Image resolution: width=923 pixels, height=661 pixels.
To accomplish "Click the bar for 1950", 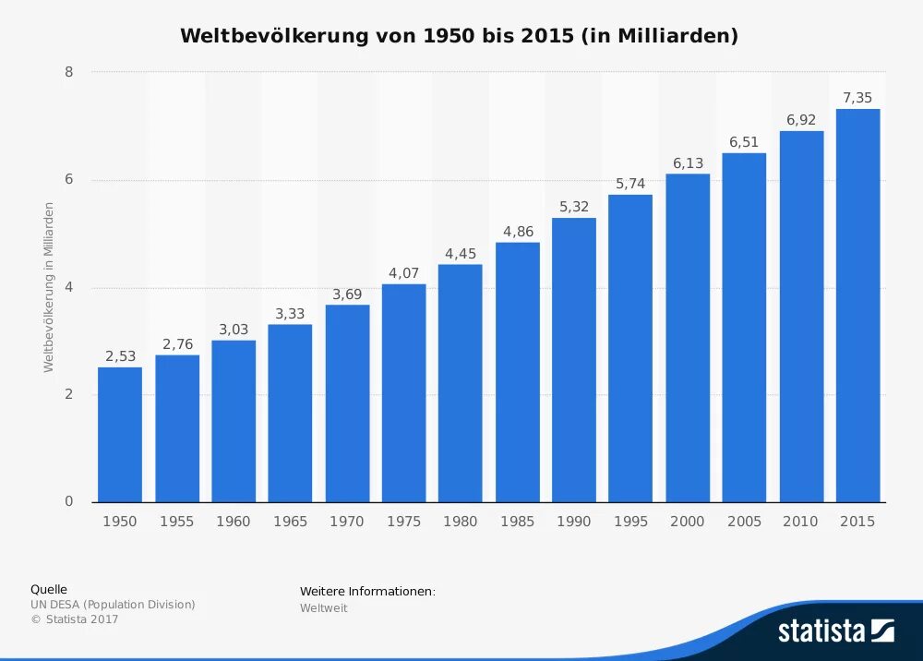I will (x=120, y=435).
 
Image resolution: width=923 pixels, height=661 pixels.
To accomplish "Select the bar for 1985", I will (x=518, y=372).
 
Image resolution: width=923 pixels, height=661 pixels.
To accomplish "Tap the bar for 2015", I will (x=858, y=306).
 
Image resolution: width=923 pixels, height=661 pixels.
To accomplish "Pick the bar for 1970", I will (x=347, y=403).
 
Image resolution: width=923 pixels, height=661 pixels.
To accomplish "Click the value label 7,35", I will (x=857, y=98).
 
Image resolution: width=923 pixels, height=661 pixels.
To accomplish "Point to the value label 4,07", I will (x=403, y=273).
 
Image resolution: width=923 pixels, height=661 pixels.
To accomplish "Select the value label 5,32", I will (x=574, y=207).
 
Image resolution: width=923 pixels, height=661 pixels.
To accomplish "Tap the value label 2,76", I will (x=177, y=344).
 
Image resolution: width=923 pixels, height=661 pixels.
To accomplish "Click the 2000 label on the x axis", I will (x=688, y=522).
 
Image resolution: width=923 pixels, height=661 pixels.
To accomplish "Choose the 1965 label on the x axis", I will (x=291, y=522).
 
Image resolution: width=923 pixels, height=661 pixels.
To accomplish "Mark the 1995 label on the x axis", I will (x=630, y=522).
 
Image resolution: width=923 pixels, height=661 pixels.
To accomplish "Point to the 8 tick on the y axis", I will (x=69, y=72).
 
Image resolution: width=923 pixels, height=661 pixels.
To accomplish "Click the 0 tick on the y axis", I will (x=69, y=502).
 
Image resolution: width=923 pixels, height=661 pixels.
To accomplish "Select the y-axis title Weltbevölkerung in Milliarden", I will (x=49, y=287).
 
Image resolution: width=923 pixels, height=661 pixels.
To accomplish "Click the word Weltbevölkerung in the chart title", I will (x=273, y=36).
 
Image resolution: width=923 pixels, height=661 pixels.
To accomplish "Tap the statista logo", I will (x=835, y=631).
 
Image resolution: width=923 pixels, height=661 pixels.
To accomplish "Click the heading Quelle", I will (x=49, y=589).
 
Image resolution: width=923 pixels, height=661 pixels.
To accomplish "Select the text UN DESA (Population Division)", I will (x=113, y=605).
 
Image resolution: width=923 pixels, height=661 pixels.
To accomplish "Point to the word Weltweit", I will (x=323, y=608).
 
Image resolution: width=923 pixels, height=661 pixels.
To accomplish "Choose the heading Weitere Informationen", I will (x=366, y=591).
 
